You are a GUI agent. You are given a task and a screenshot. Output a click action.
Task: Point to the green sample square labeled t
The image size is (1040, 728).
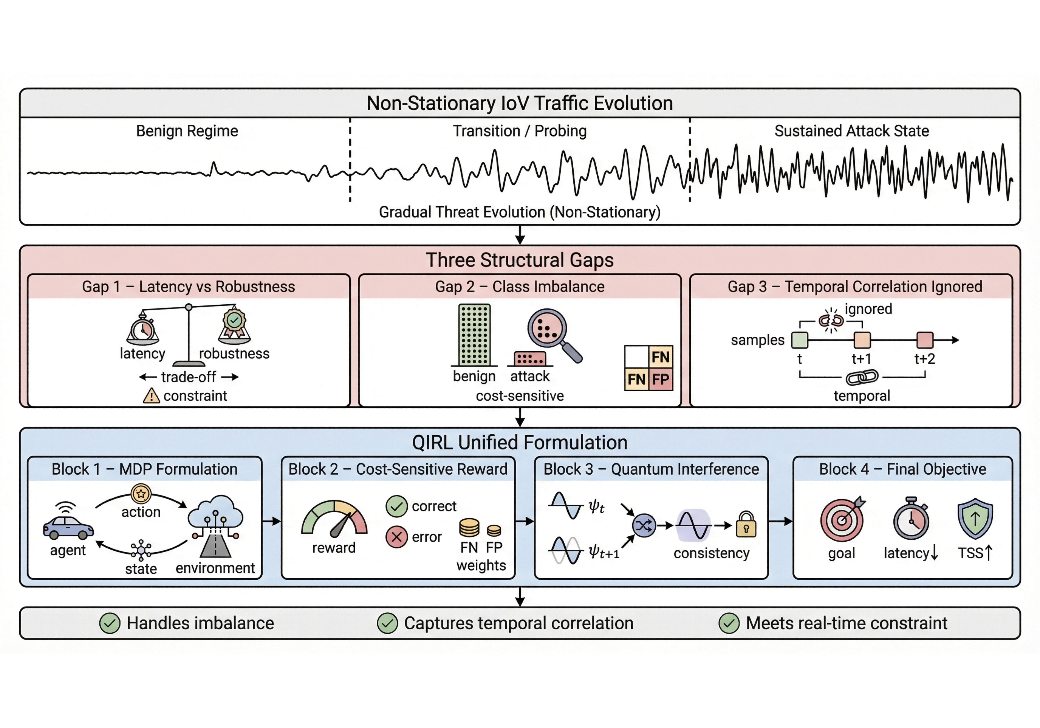(x=799, y=340)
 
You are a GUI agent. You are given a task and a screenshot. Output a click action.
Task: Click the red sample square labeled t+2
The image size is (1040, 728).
(x=925, y=340)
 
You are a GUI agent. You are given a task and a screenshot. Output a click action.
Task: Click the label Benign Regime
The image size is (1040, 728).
(x=187, y=131)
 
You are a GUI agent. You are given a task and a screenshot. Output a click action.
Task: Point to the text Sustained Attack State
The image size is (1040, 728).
(x=852, y=131)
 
